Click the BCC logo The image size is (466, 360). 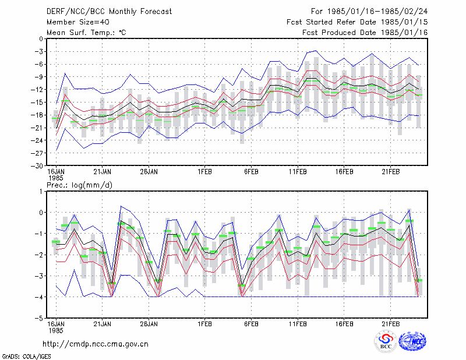tap(386, 342)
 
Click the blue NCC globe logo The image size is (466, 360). tap(412, 341)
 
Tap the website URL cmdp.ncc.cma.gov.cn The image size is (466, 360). tap(96, 344)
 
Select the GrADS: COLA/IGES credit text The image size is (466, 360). tap(26, 356)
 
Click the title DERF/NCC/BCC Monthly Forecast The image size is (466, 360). tap(109, 12)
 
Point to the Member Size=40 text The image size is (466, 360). tap(78, 22)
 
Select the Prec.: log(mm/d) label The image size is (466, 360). tap(79, 185)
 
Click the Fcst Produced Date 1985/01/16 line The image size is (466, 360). tap(365, 33)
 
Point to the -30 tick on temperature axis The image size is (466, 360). tap(38, 166)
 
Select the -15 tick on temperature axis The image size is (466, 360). tap(38, 103)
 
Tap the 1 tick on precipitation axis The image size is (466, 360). tap(41, 192)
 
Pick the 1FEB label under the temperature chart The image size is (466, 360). tap(204, 172)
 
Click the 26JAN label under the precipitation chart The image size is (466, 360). tap(149, 324)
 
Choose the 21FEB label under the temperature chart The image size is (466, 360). tap(390, 172)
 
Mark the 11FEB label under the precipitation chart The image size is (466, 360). tap(298, 324)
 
